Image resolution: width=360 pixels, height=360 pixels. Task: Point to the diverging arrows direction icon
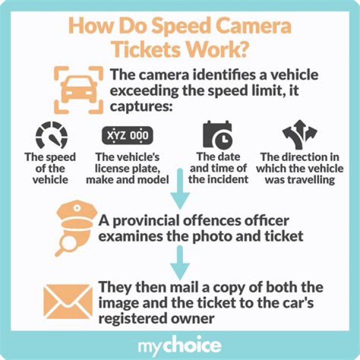299,133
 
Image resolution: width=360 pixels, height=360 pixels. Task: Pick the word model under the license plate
153,179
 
